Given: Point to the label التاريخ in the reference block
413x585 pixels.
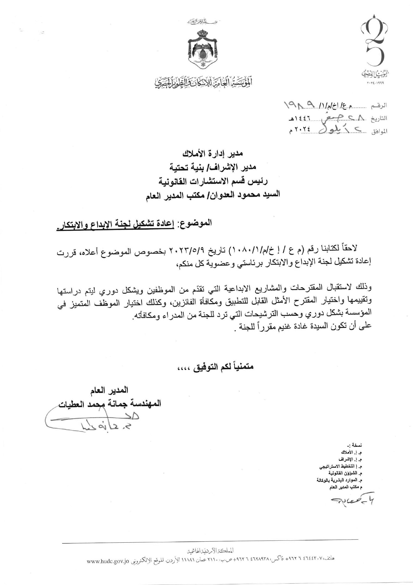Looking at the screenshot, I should pos(380,118).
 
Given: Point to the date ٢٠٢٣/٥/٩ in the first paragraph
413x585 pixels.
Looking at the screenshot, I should pos(193,250).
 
